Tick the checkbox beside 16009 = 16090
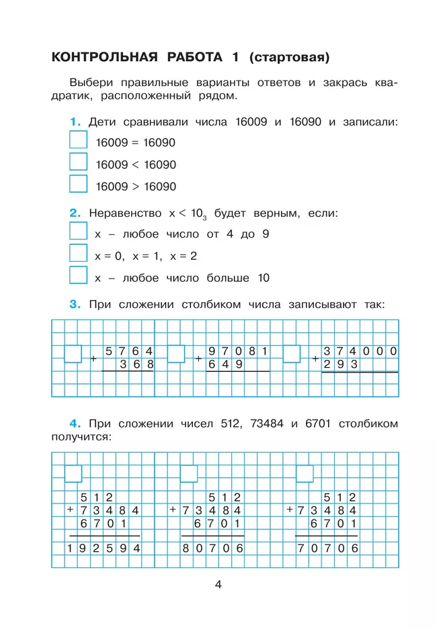(79, 140)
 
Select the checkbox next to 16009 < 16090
(79, 162)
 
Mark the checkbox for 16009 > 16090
(79, 184)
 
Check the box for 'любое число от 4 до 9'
(79, 232)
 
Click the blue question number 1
(75, 122)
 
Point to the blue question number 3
(75, 304)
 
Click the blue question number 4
(75, 424)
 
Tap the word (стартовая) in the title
(289, 58)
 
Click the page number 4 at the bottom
(218, 584)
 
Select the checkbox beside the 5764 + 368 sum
(73, 354)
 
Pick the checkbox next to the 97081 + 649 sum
(176, 354)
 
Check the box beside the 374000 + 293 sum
(292, 354)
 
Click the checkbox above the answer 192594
(73, 473)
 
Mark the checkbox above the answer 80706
(189, 473)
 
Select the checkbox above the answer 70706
(305, 473)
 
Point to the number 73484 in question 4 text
(268, 424)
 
